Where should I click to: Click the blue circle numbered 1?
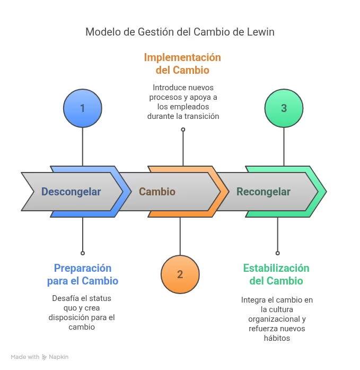point(82,108)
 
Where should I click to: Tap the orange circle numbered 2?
point(180,274)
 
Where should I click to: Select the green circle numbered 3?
point(284,108)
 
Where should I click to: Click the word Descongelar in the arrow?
point(71,192)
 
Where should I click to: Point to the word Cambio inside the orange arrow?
point(157,192)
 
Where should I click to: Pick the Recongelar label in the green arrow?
point(263,192)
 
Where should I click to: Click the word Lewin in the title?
point(260,32)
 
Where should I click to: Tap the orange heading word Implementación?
point(182,57)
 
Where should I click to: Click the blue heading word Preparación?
point(83,268)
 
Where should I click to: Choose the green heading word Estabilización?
point(276,268)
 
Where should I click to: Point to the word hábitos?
point(277,338)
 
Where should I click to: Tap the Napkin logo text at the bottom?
point(59,357)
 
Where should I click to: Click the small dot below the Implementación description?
point(183,130)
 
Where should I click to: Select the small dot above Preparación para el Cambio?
point(82,253)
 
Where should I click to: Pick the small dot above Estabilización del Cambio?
point(277,253)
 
